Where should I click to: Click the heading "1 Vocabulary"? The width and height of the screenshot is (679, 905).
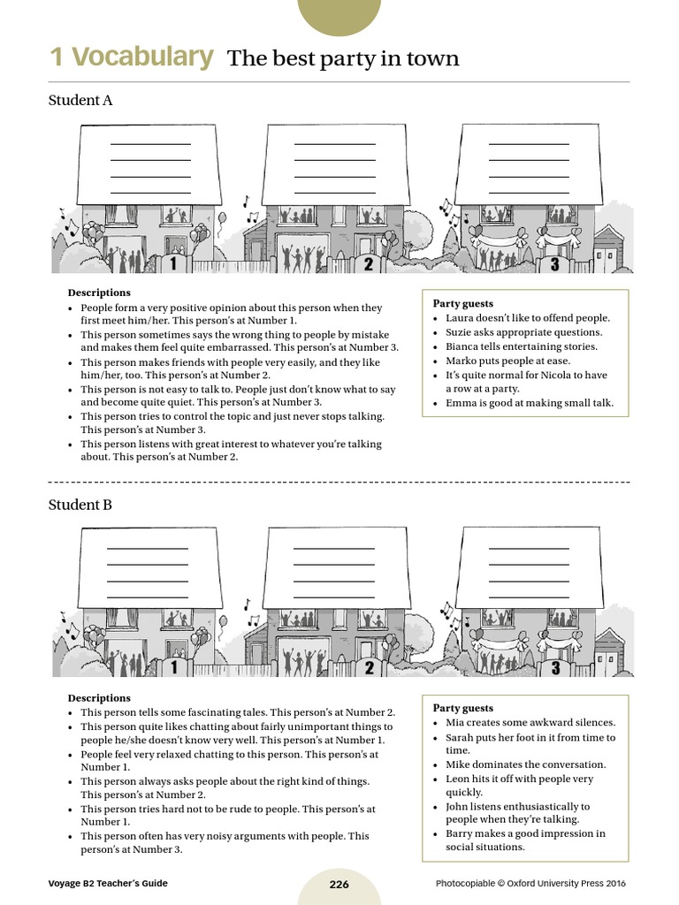[131, 57]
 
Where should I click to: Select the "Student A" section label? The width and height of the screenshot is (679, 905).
[80, 100]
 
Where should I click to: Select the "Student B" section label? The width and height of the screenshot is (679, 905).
[80, 505]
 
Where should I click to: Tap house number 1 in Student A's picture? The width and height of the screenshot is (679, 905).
[173, 263]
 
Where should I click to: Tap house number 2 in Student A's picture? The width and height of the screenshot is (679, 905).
[369, 263]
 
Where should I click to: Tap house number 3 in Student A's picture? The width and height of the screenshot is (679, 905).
[554, 263]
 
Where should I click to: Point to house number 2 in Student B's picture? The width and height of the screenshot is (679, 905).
[369, 668]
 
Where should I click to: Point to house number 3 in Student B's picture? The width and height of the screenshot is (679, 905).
[554, 668]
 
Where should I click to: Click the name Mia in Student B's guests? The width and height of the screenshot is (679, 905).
[455, 723]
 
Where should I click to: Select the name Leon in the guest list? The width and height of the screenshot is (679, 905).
[458, 779]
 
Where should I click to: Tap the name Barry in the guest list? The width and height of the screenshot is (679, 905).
[460, 833]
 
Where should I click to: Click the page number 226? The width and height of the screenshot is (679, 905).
[339, 884]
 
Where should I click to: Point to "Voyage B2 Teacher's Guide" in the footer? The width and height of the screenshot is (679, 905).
[108, 884]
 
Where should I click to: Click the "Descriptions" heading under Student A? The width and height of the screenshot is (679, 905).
[99, 293]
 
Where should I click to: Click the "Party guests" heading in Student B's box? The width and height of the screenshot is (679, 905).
[463, 708]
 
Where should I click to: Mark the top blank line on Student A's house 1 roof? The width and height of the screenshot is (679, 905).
[149, 144]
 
